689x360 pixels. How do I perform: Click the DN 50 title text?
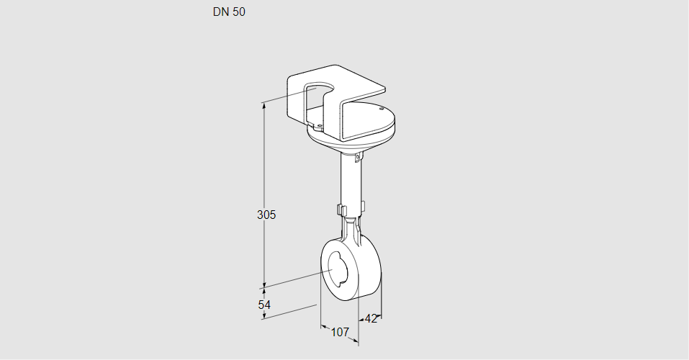pos(229,12)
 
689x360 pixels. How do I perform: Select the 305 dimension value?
pos(266,215)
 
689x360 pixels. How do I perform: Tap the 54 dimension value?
pos(264,305)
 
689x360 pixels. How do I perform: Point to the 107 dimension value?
pos(340,332)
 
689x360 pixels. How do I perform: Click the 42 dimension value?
pos(371,319)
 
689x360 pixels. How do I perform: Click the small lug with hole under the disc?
pos(358,156)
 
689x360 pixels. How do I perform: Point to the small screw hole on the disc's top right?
pos(382,108)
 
